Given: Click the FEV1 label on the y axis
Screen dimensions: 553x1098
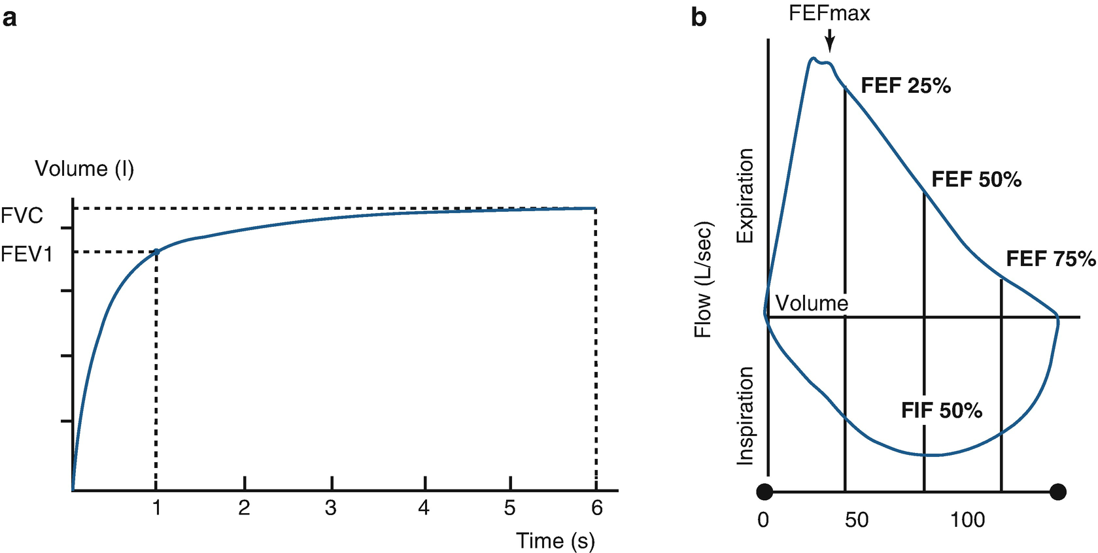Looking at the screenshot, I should [27, 254].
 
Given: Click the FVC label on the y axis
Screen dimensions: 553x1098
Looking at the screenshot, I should [22, 215].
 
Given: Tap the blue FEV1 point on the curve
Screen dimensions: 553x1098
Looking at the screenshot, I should [156, 252].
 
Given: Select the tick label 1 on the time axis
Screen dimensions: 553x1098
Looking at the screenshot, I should [156, 508].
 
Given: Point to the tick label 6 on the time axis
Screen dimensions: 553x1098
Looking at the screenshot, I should [596, 508].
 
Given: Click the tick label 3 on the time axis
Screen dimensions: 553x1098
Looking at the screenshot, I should [331, 508].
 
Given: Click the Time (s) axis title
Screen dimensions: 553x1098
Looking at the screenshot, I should [555, 541].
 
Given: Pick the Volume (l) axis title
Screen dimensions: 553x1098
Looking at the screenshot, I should [84, 169].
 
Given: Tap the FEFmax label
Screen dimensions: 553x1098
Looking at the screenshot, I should [829, 13].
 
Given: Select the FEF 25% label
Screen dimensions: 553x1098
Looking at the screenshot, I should [906, 86].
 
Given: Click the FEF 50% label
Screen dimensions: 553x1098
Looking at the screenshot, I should [976, 179].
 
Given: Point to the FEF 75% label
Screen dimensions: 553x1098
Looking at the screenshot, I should [1050, 259].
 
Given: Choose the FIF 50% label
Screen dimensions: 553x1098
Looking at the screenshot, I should [942, 411].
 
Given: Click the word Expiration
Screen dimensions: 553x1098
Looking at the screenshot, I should [746, 195].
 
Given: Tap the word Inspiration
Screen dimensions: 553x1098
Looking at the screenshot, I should [746, 416].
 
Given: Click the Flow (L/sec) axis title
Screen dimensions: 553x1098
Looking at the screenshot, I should [703, 279].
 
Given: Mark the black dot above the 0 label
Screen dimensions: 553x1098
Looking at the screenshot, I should [764, 492].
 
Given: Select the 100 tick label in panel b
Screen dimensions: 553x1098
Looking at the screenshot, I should [967, 520].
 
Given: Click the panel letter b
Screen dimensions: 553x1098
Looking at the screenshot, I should [698, 18].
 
